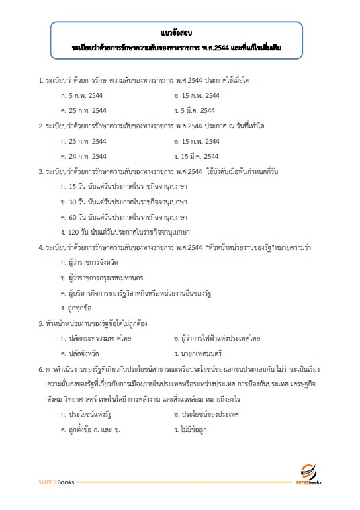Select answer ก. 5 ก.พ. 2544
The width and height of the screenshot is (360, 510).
83,95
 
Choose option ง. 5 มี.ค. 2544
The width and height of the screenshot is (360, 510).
194,110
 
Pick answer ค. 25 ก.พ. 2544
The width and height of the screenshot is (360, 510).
84,110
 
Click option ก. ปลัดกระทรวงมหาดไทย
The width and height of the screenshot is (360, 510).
96,338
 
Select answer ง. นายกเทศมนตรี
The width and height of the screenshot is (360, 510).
197,353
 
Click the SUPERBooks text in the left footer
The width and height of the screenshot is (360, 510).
56,482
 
